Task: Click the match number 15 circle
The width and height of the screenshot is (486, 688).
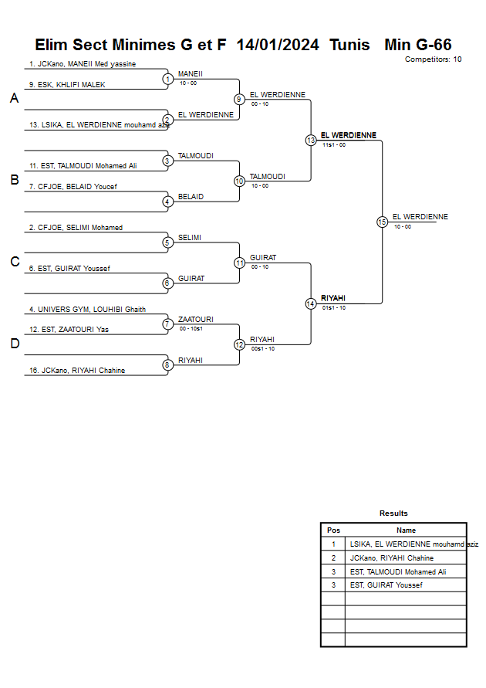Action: pos(382,222)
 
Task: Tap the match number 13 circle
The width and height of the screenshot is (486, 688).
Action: pos(311,141)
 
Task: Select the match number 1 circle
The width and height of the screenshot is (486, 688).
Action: pos(167,79)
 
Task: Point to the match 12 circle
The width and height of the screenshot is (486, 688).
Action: pos(239,344)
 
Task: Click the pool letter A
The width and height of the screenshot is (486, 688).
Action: pos(14,99)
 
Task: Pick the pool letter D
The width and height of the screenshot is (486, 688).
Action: pos(14,344)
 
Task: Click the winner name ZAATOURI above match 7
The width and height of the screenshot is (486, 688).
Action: pos(196,319)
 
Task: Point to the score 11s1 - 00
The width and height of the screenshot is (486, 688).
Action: pos(334,145)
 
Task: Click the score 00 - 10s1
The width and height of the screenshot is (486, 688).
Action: pos(191,329)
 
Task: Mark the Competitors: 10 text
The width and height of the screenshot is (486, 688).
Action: pos(433,59)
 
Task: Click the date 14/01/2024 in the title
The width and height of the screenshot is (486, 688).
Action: pos(278,45)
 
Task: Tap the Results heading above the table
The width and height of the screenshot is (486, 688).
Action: pos(393,513)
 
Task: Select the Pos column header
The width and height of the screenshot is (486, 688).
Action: pos(333,530)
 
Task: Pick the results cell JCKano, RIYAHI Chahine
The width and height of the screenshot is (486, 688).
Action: pos(392,558)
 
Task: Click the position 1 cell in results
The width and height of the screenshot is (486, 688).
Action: pos(333,544)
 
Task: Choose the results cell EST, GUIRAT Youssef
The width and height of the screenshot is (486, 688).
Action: pos(386,585)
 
